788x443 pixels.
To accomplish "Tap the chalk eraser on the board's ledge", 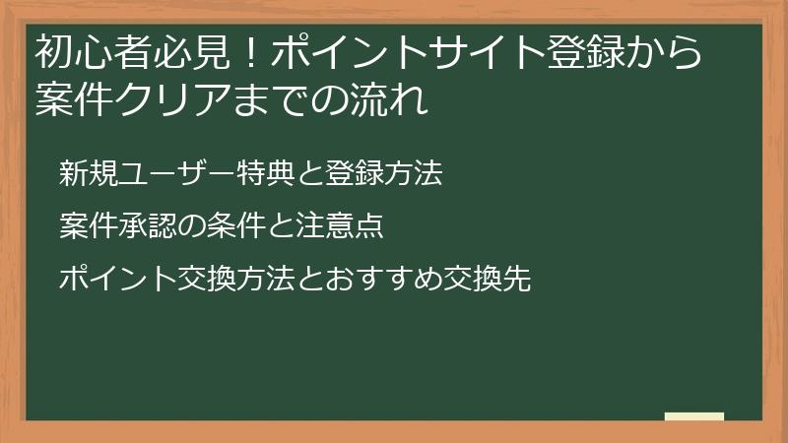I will coord(693,417).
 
